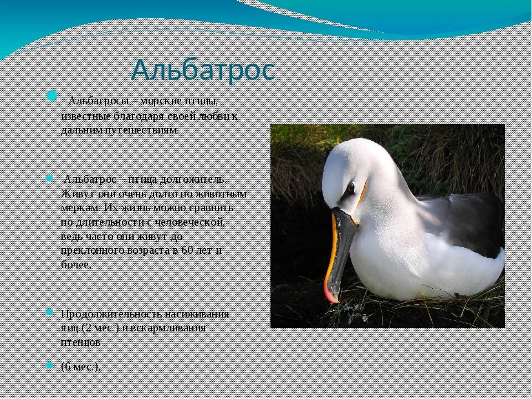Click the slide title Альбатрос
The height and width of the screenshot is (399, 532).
tap(203, 70)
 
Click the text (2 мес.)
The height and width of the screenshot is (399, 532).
tap(100, 328)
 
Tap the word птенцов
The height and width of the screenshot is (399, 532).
tap(81, 342)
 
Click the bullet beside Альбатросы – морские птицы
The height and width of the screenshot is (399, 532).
tap(52, 95)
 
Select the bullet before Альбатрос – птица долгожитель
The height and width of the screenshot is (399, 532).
tap(49, 178)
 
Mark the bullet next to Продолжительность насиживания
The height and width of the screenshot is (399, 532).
tap(49, 312)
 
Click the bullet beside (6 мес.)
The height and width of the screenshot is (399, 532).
tap(49, 365)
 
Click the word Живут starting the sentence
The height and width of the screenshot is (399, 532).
tap(75, 194)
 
